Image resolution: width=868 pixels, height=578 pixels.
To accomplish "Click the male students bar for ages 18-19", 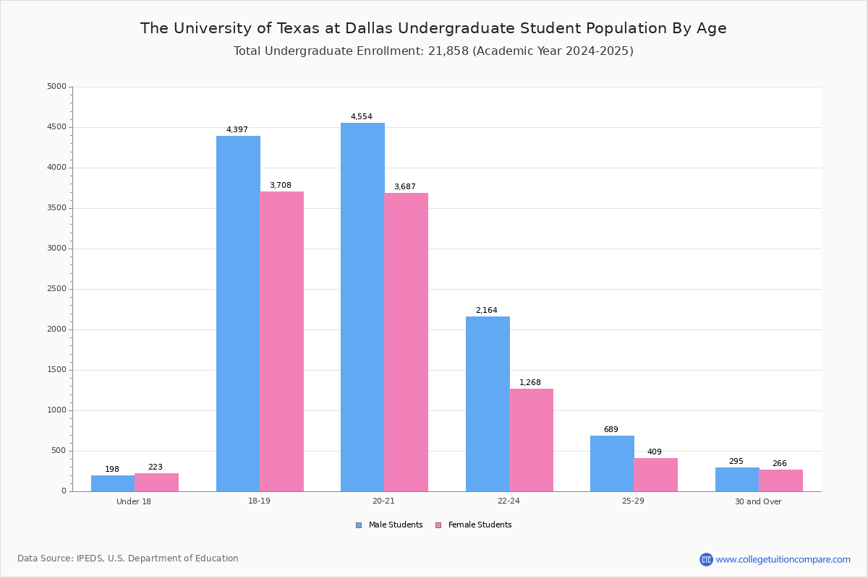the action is (x=238, y=314).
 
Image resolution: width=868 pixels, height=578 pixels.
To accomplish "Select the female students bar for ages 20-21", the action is (x=406, y=342).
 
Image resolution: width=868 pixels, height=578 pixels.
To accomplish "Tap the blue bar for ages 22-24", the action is (x=488, y=404).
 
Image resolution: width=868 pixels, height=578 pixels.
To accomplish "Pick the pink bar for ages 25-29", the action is (x=655, y=475).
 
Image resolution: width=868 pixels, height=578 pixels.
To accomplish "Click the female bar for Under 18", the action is (x=156, y=483).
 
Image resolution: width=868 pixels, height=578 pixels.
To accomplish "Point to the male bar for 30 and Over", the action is (x=737, y=480).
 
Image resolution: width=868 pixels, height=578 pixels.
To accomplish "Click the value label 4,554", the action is (x=362, y=116).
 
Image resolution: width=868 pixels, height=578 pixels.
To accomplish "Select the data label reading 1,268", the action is (x=530, y=382).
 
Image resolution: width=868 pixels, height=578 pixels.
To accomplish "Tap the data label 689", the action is (x=611, y=429).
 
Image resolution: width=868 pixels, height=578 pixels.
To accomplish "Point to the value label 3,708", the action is (x=281, y=186).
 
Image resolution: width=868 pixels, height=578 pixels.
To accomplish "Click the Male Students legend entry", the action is (x=389, y=525).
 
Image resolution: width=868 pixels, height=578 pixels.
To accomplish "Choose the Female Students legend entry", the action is (x=474, y=525).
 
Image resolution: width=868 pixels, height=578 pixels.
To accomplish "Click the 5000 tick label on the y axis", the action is (x=57, y=86).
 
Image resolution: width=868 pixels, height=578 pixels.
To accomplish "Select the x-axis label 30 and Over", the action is (x=758, y=501).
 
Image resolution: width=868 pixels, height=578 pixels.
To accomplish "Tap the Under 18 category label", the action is (x=134, y=501).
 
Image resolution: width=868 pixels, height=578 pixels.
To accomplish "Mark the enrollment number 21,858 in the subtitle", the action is (x=448, y=51).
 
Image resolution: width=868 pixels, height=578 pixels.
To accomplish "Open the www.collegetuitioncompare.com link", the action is (x=783, y=560).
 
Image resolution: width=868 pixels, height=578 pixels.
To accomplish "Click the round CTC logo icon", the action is (x=706, y=560).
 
